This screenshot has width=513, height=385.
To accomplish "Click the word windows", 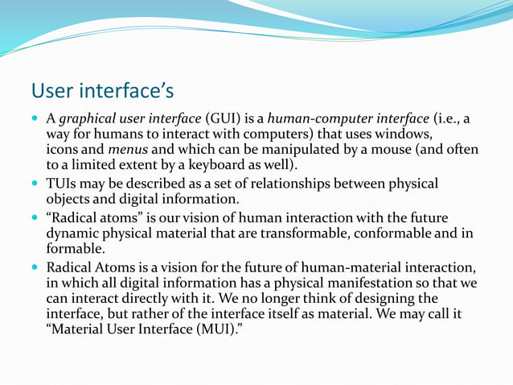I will [x=406, y=134].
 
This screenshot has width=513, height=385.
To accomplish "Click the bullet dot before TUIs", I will [x=36, y=184].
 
